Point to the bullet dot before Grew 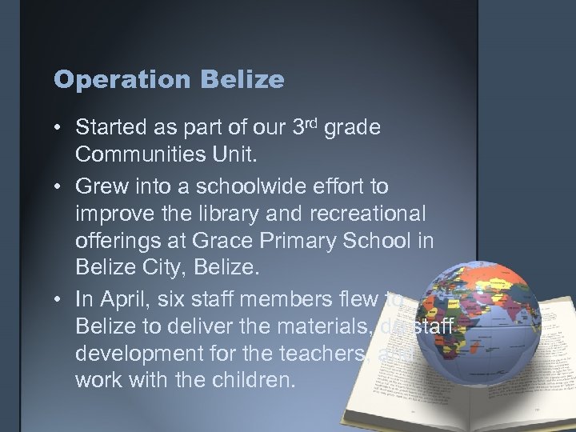pos(60,186)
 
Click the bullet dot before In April pos(60,299)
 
